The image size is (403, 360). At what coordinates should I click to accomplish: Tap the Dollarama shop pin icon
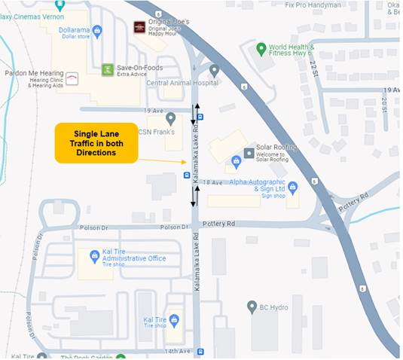tap(97, 30)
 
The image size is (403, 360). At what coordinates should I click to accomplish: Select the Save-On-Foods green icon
tap(108, 70)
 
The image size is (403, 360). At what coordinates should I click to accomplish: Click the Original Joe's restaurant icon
tap(139, 28)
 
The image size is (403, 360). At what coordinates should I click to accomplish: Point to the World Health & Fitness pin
tap(261, 49)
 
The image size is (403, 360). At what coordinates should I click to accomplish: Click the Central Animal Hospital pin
tap(214, 70)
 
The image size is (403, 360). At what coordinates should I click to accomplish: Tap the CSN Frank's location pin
tap(170, 118)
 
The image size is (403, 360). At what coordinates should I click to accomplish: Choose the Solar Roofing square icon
tap(249, 153)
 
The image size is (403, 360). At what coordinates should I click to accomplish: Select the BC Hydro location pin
tap(252, 307)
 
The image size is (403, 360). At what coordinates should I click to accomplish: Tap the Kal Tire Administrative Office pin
tap(95, 256)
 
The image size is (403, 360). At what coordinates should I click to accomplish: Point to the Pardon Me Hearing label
tap(32, 75)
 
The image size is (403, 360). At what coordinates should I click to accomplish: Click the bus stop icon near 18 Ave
tap(187, 175)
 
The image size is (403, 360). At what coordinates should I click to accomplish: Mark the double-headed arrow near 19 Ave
tap(194, 114)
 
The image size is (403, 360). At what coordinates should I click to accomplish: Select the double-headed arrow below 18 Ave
tap(194, 196)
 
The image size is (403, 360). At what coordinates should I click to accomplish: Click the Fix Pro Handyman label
tap(313, 5)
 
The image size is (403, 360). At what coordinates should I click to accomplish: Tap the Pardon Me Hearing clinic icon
tap(72, 78)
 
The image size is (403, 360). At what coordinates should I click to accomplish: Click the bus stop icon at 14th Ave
tap(200, 352)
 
